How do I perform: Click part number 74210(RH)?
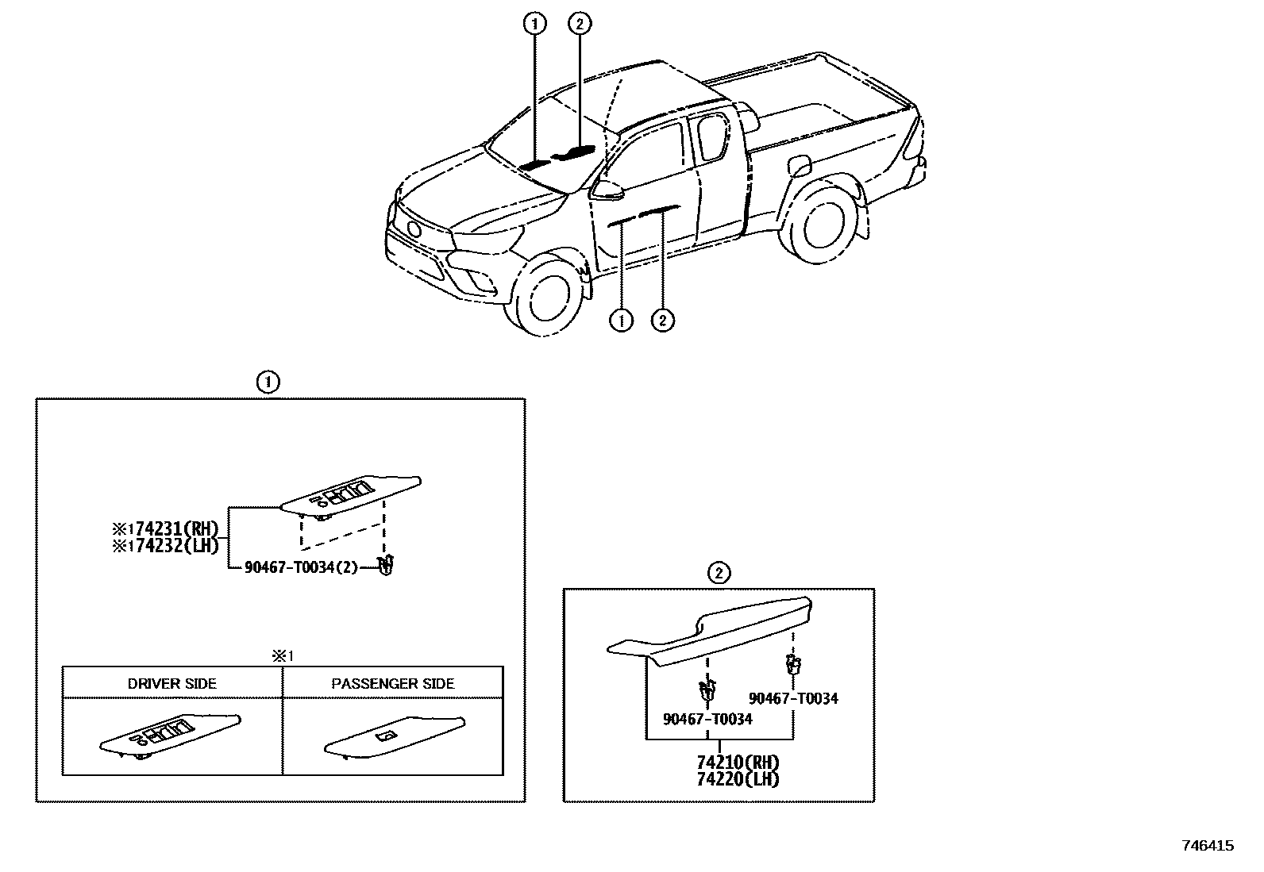tap(738, 763)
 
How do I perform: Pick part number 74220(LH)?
tap(738, 778)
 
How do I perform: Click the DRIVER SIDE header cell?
tap(172, 683)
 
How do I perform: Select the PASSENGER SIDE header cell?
tap(393, 683)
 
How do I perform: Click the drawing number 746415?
tap(1208, 846)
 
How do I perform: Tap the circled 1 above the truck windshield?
tap(534, 25)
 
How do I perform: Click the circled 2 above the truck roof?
tap(580, 25)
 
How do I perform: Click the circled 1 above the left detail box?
tap(268, 382)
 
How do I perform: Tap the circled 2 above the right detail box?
tap(718, 573)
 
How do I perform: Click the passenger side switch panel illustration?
tap(393, 738)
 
